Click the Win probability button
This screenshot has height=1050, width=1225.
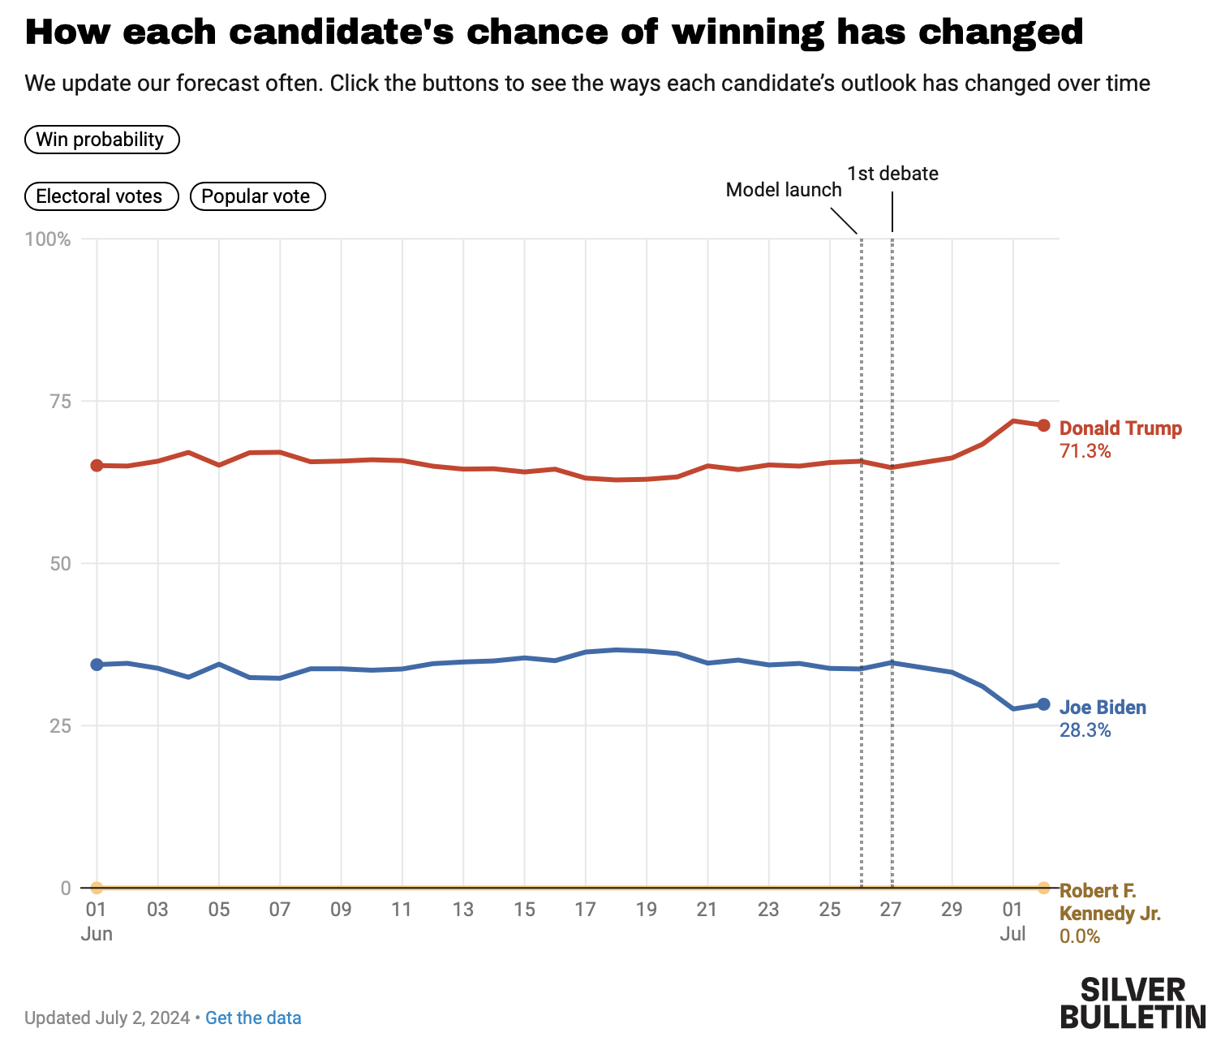[x=101, y=140]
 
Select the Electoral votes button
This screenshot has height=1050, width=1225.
[x=101, y=196]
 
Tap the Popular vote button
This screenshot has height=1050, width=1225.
[x=257, y=196]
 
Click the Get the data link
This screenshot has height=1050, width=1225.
[x=253, y=1018]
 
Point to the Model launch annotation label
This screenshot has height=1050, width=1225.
[x=783, y=190]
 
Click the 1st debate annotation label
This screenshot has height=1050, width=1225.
[x=892, y=174]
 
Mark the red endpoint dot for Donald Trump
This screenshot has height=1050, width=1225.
[x=1043, y=425]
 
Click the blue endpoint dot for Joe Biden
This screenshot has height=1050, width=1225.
[x=1043, y=704]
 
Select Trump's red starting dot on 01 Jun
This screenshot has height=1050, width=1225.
[x=97, y=465]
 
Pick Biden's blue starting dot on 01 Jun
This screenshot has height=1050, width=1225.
[x=97, y=665]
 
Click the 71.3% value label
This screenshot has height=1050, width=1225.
[x=1085, y=451]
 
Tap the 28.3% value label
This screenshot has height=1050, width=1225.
[x=1085, y=730]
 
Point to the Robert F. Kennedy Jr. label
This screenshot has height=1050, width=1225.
[x=1109, y=902]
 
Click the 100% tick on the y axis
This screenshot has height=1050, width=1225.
[x=48, y=239]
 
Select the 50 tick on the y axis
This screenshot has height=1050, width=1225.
[x=60, y=564]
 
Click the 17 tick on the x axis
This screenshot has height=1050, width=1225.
[x=585, y=910]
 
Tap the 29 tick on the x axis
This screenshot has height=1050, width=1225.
[x=952, y=910]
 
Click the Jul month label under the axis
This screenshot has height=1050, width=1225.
[x=1012, y=934]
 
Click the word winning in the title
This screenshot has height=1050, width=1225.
[x=747, y=32]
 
